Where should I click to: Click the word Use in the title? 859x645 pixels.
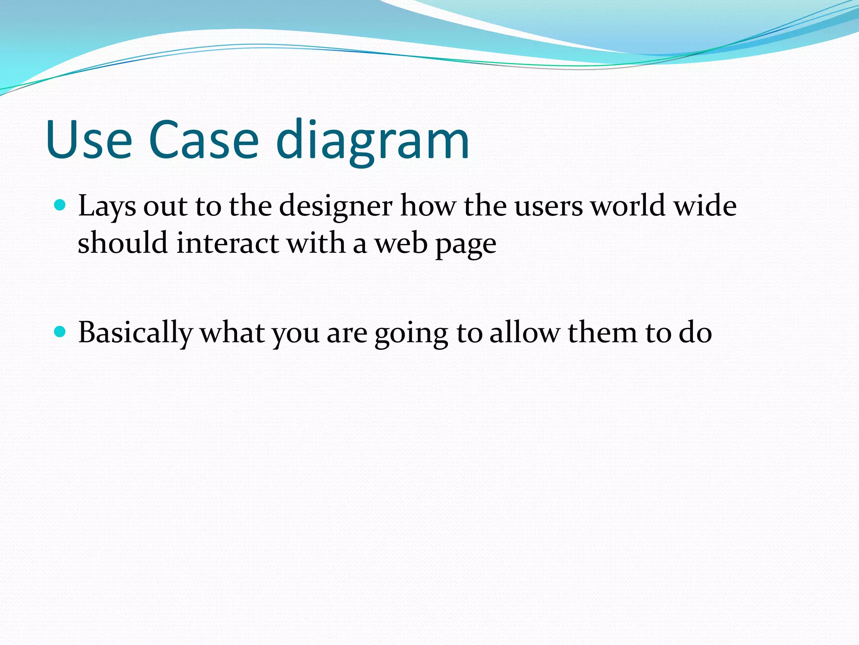[x=89, y=140]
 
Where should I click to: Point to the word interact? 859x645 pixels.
[x=227, y=243]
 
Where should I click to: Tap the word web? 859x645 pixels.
[x=401, y=243]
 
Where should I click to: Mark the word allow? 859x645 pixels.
[x=524, y=332]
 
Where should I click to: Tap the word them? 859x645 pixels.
[x=602, y=332]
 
